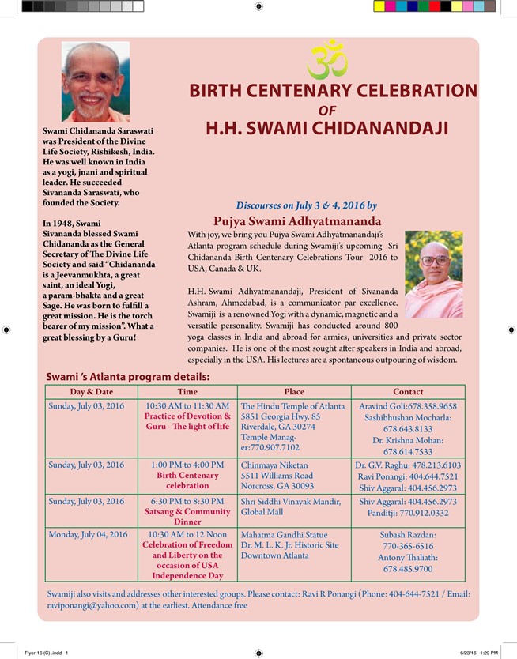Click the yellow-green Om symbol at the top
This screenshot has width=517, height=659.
328,60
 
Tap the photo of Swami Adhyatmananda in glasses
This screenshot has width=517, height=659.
434,273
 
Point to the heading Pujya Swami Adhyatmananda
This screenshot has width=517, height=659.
297,220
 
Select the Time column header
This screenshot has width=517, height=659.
187,392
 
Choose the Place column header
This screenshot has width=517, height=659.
294,392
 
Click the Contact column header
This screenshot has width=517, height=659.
408,392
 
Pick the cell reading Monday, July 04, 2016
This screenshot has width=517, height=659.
88,535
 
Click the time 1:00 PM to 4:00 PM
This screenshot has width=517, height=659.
187,465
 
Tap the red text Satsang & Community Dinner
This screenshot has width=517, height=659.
187,516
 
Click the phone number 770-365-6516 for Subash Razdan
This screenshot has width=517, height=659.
408,546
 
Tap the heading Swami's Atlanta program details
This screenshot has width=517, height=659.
128,377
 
